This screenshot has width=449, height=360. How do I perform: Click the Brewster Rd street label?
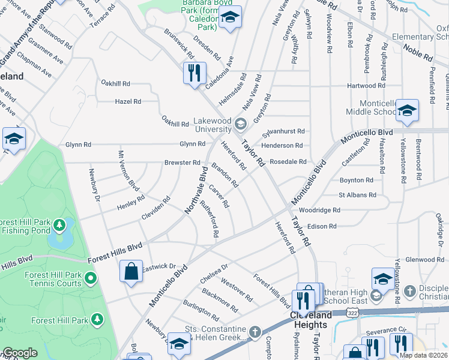coord(182,163)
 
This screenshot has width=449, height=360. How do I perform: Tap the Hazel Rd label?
coord(128,101)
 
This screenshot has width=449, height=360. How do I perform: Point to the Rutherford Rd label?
coord(209,218)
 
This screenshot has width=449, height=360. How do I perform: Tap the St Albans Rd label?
coord(357,195)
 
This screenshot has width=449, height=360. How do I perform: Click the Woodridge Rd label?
coord(320,211)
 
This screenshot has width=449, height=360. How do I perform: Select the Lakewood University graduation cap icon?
coord(240,125)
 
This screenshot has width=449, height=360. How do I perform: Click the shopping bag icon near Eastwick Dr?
coord(131,272)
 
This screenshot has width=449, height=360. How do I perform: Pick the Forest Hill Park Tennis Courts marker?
coord(91,278)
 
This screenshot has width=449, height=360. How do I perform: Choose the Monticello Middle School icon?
coord(407,110)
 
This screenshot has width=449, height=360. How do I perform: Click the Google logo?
coord(20,353)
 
